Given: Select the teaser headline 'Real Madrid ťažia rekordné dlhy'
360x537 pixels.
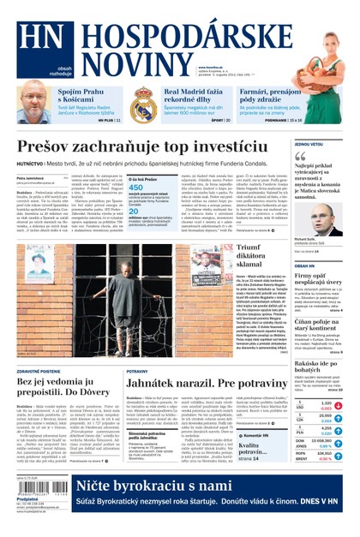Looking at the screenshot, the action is point(197,96).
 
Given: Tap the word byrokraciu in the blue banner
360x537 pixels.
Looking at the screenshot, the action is point(205,487).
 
